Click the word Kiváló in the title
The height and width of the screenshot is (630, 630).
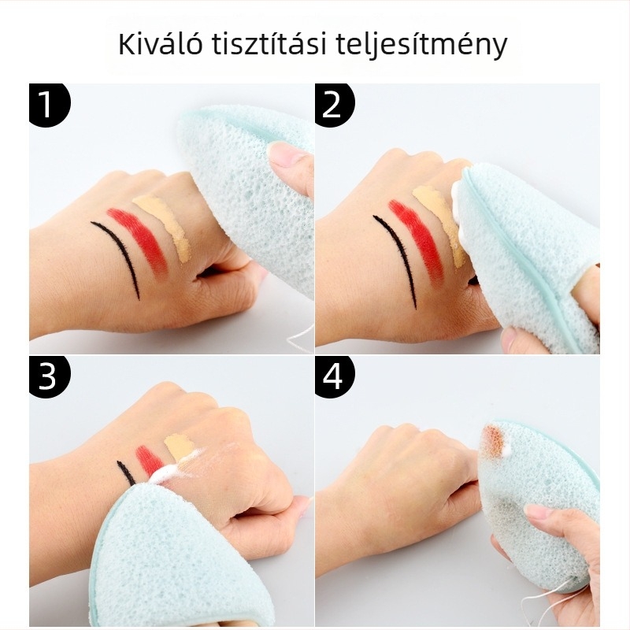(x=161, y=45)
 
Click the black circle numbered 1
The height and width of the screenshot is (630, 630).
(x=49, y=105)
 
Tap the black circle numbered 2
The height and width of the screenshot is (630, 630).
(x=334, y=105)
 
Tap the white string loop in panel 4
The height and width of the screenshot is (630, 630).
(x=555, y=606)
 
